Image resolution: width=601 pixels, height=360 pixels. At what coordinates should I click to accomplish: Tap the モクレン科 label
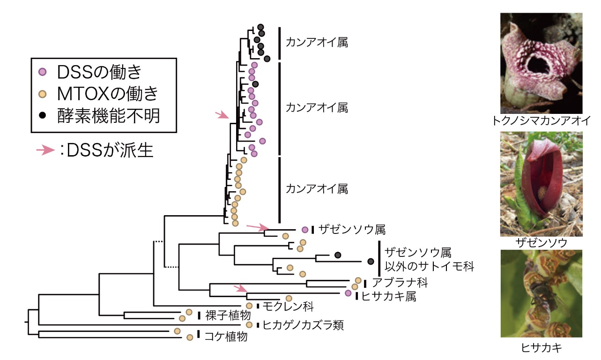pyautogui.click(x=287, y=307)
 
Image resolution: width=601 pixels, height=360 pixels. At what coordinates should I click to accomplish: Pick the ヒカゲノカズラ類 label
pyautogui.click(x=304, y=324)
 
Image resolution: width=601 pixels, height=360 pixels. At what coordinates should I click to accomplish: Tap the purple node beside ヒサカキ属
pyautogui.click(x=348, y=293)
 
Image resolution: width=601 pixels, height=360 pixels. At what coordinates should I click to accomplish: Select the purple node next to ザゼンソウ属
pyautogui.click(x=305, y=229)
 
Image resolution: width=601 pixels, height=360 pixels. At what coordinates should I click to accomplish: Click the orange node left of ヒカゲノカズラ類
pyautogui.click(x=249, y=324)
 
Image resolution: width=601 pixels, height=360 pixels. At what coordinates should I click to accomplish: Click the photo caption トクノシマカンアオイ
pyautogui.click(x=542, y=120)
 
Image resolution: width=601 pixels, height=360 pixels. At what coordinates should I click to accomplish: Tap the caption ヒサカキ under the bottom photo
pyautogui.click(x=542, y=347)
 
